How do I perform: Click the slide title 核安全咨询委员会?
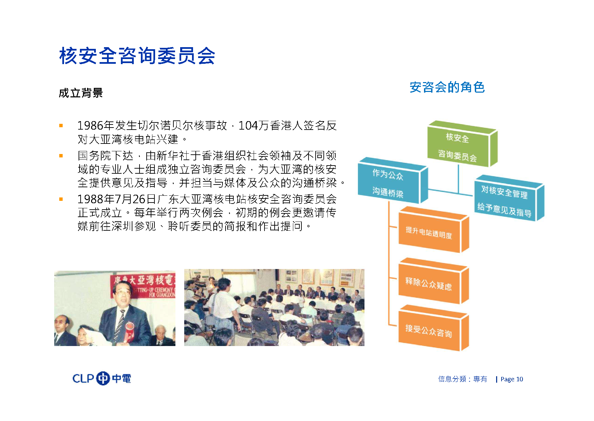[137, 56]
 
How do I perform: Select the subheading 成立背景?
[81, 93]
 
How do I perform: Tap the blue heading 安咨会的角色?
[447, 87]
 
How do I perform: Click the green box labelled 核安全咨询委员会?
[462, 144]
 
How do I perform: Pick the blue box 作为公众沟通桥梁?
[393, 180]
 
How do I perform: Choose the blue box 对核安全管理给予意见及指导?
[509, 198]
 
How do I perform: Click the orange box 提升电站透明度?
[433, 230]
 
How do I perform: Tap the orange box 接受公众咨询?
[433, 328]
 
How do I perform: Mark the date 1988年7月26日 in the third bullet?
[117, 199]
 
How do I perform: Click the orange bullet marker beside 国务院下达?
[61, 156]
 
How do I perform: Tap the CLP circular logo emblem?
[103, 379]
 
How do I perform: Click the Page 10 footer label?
[512, 379]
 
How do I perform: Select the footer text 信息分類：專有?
[463, 379]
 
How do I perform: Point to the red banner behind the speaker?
[143, 286]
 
